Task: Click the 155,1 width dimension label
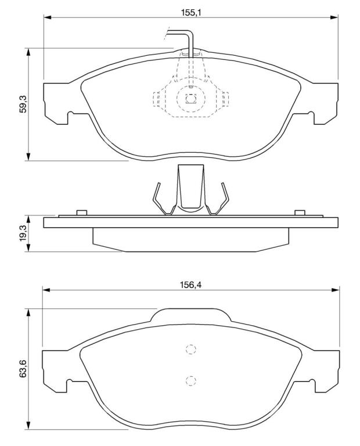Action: pyautogui.click(x=191, y=12)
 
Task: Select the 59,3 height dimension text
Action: pyautogui.click(x=23, y=104)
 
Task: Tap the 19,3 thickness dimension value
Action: pyautogui.click(x=23, y=233)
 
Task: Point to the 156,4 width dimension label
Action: pyautogui.click(x=190, y=285)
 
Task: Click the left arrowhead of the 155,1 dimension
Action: pyautogui.click(x=47, y=17)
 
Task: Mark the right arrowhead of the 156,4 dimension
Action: pyautogui.click(x=336, y=290)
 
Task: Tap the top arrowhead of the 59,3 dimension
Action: pyautogui.click(x=28, y=52)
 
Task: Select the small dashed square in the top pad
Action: pyautogui.click(x=191, y=99)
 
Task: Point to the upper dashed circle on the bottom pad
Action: pyautogui.click(x=191, y=349)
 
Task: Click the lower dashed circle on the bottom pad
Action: pyautogui.click(x=191, y=380)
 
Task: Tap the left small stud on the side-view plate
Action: pyautogui.click(x=82, y=213)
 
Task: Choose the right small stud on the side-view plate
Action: pyautogui.click(x=300, y=213)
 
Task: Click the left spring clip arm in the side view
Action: pyautogui.click(x=163, y=199)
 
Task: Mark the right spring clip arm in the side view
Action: pyautogui.click(x=219, y=199)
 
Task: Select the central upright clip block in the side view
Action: pyautogui.click(x=190, y=188)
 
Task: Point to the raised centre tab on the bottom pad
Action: pyautogui.click(x=190, y=315)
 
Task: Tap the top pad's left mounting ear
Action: pyautogui.click(x=57, y=103)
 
